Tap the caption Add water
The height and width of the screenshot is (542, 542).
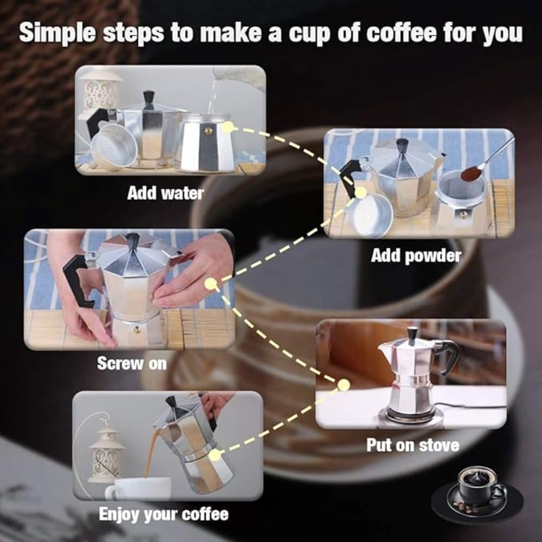tap(165, 193)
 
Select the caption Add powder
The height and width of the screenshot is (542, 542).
tap(416, 256)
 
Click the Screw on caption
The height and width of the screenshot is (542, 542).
tap(132, 363)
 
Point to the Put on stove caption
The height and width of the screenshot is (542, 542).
tap(412, 446)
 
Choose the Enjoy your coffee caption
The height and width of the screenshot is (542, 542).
tap(164, 514)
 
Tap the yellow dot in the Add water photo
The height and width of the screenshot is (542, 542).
tap(228, 127)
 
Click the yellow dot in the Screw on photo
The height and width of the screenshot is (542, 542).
tap(211, 283)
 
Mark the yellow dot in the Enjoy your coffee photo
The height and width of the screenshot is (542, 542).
tap(215, 455)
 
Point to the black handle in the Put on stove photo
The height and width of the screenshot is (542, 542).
tap(448, 355)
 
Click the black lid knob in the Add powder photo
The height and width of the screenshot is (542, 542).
tap(402, 145)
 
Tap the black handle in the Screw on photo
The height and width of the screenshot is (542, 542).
tap(76, 279)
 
